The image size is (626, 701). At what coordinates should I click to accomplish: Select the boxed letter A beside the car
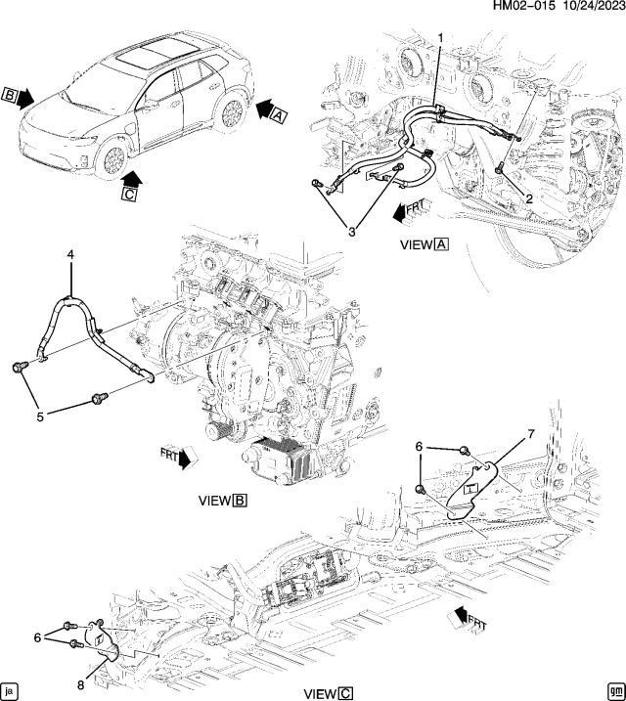[278, 115]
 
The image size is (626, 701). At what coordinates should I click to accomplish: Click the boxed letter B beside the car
[10, 96]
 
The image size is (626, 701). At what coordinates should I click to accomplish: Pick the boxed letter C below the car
[129, 195]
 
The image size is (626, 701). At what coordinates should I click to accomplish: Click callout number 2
[528, 197]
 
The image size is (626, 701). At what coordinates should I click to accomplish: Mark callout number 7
[531, 433]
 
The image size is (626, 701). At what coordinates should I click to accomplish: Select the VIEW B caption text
[222, 500]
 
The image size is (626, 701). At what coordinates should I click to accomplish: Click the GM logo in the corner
[615, 688]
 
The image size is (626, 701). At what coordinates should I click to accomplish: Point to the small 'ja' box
[10, 688]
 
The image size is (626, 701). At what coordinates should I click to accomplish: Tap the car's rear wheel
[233, 111]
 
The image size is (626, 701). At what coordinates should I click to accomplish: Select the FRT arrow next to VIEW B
[179, 456]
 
